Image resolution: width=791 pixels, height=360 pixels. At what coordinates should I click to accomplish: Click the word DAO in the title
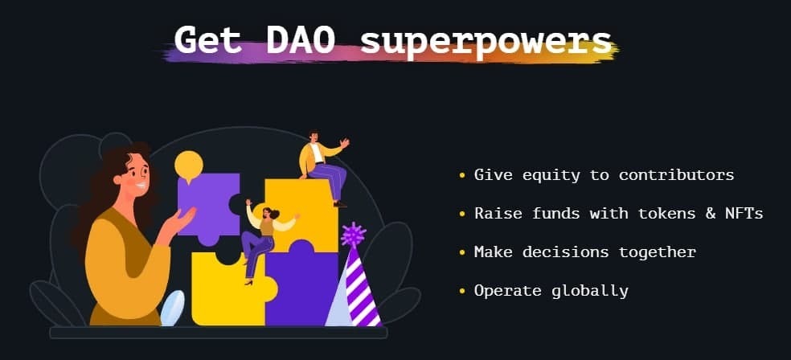[x=301, y=39]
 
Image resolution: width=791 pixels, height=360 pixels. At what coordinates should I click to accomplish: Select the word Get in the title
[x=207, y=39]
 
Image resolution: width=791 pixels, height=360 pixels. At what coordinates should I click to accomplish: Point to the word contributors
[x=677, y=175]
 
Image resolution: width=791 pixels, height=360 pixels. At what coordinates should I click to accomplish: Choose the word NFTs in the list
[x=744, y=213]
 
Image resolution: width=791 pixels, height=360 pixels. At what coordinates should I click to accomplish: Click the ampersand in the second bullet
[x=711, y=214]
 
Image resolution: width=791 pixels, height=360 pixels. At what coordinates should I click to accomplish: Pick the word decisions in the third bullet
[x=565, y=252]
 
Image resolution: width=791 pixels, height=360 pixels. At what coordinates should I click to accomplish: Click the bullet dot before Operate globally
[x=462, y=292]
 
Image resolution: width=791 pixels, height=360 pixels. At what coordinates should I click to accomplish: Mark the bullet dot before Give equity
[x=462, y=175]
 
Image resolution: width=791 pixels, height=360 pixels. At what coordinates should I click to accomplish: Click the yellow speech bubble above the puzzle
[x=189, y=166]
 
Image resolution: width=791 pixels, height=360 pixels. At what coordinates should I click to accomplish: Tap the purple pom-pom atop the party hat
[x=353, y=234]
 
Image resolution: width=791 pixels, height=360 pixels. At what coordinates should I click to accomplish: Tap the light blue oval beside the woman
[x=173, y=308]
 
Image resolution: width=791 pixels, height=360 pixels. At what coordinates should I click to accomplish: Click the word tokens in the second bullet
[x=667, y=213]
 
